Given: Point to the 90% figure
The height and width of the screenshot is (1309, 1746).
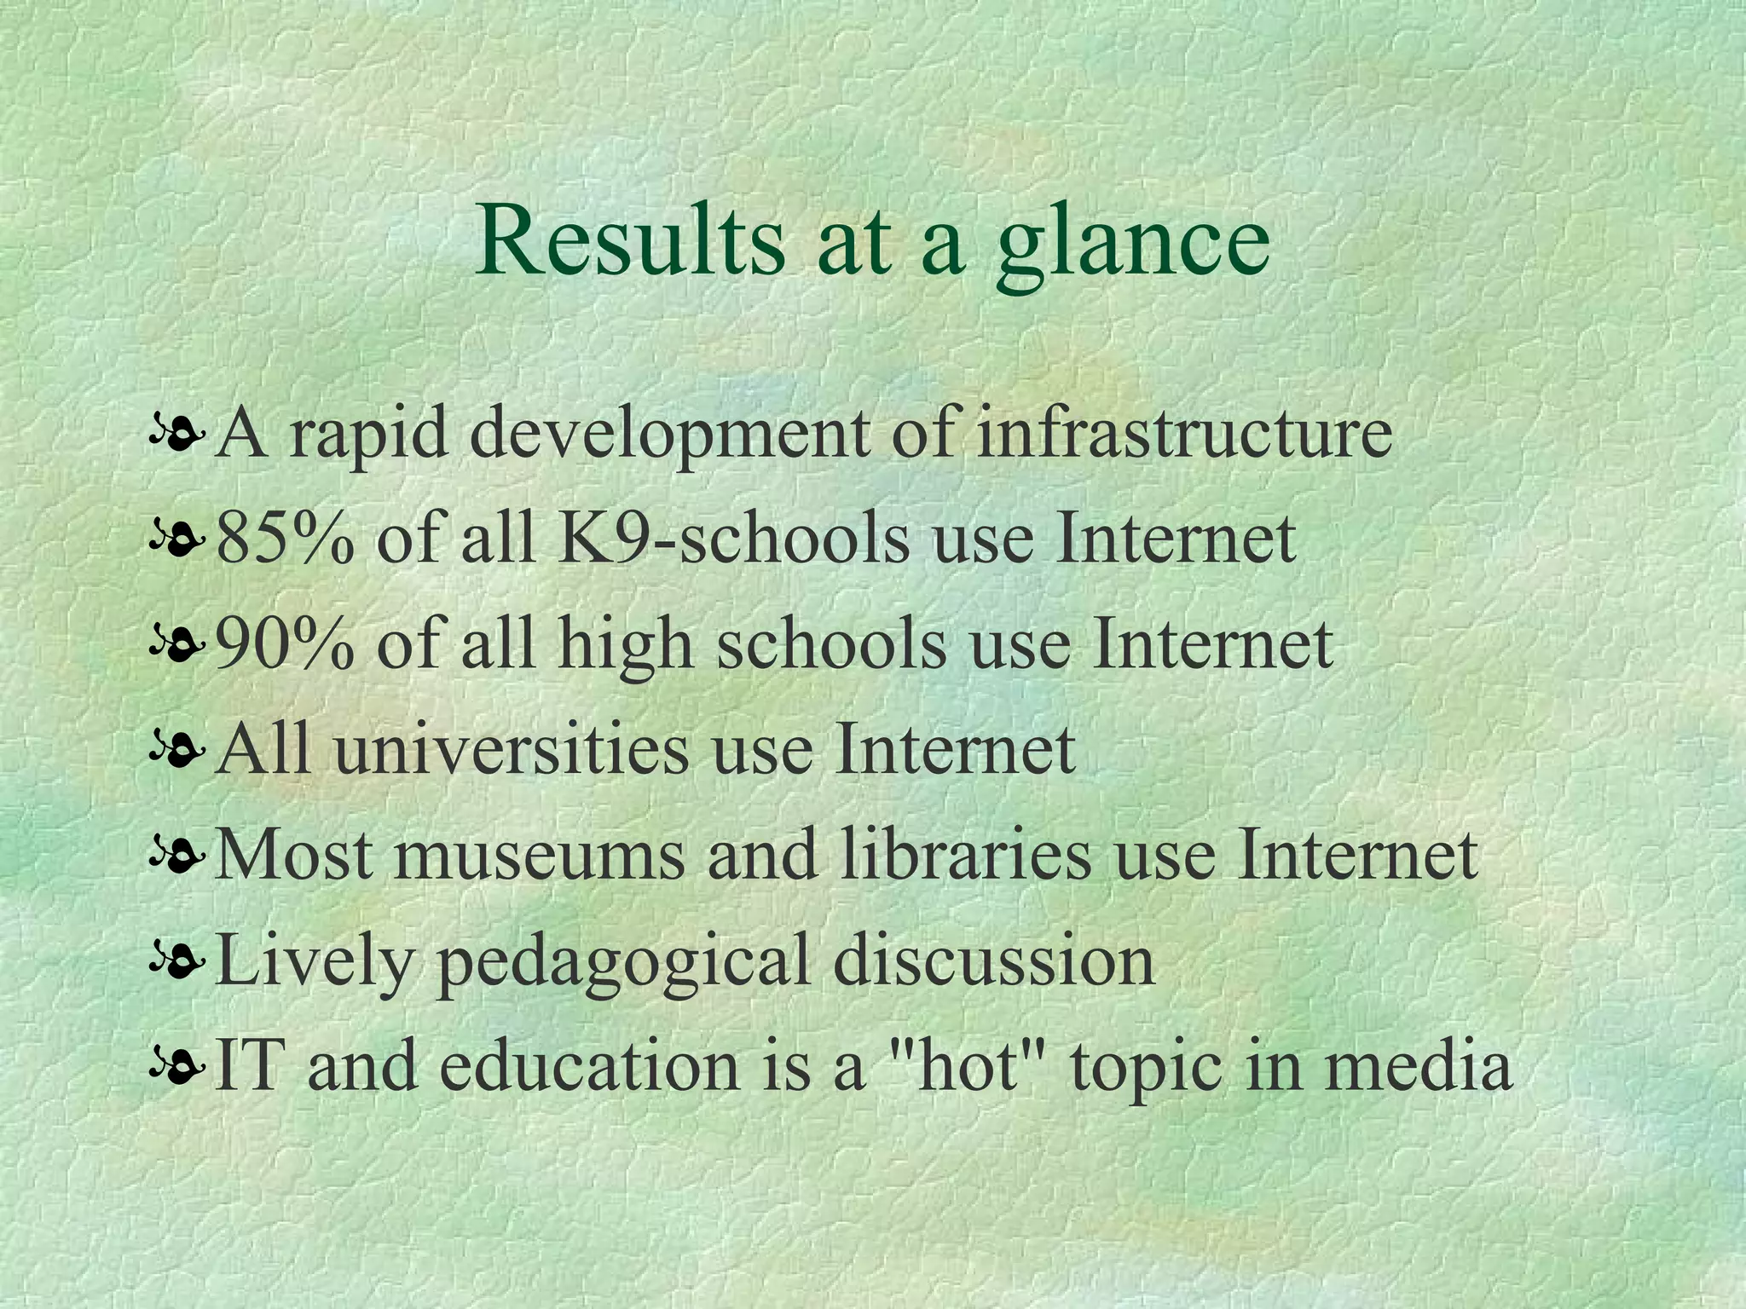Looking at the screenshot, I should click(285, 644).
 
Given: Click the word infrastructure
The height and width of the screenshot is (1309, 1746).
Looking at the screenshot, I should click(1184, 433).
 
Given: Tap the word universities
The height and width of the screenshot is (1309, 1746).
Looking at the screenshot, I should click(510, 750).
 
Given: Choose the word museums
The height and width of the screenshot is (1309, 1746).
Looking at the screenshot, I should click(539, 856).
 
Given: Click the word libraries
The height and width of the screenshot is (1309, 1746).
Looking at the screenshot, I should click(965, 856).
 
